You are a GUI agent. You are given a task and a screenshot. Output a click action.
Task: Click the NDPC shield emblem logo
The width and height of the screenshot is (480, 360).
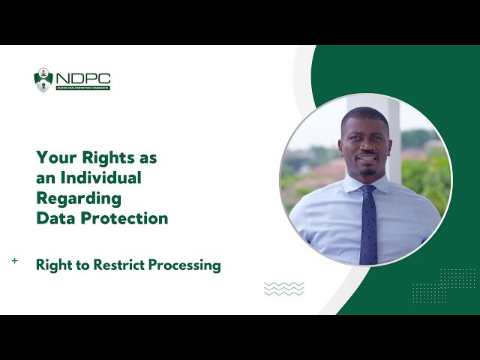[x=43, y=80]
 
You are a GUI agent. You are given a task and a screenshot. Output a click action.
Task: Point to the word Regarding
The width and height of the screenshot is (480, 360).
[x=78, y=199]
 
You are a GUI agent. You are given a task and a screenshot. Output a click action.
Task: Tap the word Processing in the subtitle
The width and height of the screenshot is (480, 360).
[x=181, y=265]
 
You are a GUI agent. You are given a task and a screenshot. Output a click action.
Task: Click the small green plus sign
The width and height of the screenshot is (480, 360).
[x=15, y=261]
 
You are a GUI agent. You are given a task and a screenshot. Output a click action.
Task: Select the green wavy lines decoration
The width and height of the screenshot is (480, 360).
[x=284, y=289]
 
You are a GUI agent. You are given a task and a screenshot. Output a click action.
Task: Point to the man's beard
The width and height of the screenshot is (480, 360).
[x=366, y=169]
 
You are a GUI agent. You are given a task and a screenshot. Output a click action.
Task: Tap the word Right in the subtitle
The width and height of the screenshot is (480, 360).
[x=55, y=265]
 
